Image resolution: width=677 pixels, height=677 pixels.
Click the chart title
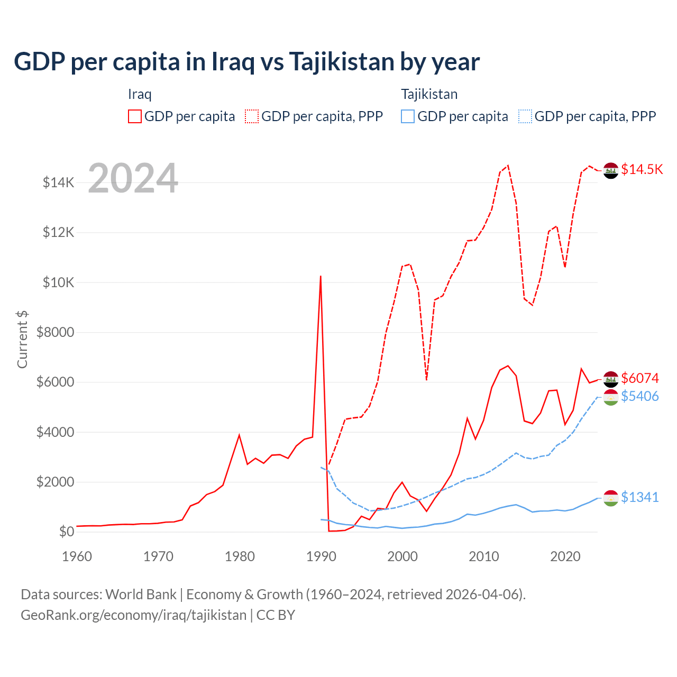click(x=246, y=62)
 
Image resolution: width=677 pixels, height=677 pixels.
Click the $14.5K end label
click(x=642, y=169)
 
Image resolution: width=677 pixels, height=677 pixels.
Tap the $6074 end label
click(x=640, y=378)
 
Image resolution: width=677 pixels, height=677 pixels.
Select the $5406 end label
click(x=640, y=396)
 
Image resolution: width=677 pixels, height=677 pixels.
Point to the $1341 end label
click(x=640, y=497)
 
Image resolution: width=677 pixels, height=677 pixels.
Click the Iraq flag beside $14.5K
click(x=611, y=171)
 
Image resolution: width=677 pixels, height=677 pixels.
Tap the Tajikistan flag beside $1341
click(x=611, y=498)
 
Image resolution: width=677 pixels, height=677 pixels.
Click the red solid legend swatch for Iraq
click(x=135, y=116)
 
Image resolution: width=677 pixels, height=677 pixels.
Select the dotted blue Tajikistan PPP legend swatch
click(x=525, y=116)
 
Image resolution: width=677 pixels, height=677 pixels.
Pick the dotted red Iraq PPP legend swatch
click(x=252, y=116)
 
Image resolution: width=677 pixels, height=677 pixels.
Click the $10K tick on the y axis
click(x=58, y=282)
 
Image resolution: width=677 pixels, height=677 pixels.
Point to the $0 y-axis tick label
click(x=67, y=532)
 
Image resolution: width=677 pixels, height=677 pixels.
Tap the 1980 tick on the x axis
click(x=240, y=556)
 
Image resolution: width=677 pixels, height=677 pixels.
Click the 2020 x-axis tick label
click(x=565, y=556)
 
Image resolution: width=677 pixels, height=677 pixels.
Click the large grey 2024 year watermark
click(x=133, y=178)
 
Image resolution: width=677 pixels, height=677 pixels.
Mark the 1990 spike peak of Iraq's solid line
click(x=321, y=276)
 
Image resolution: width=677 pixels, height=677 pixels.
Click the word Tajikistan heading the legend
click(x=429, y=94)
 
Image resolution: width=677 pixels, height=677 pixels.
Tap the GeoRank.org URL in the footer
click(x=133, y=615)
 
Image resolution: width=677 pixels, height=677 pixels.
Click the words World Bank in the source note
click(x=141, y=594)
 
